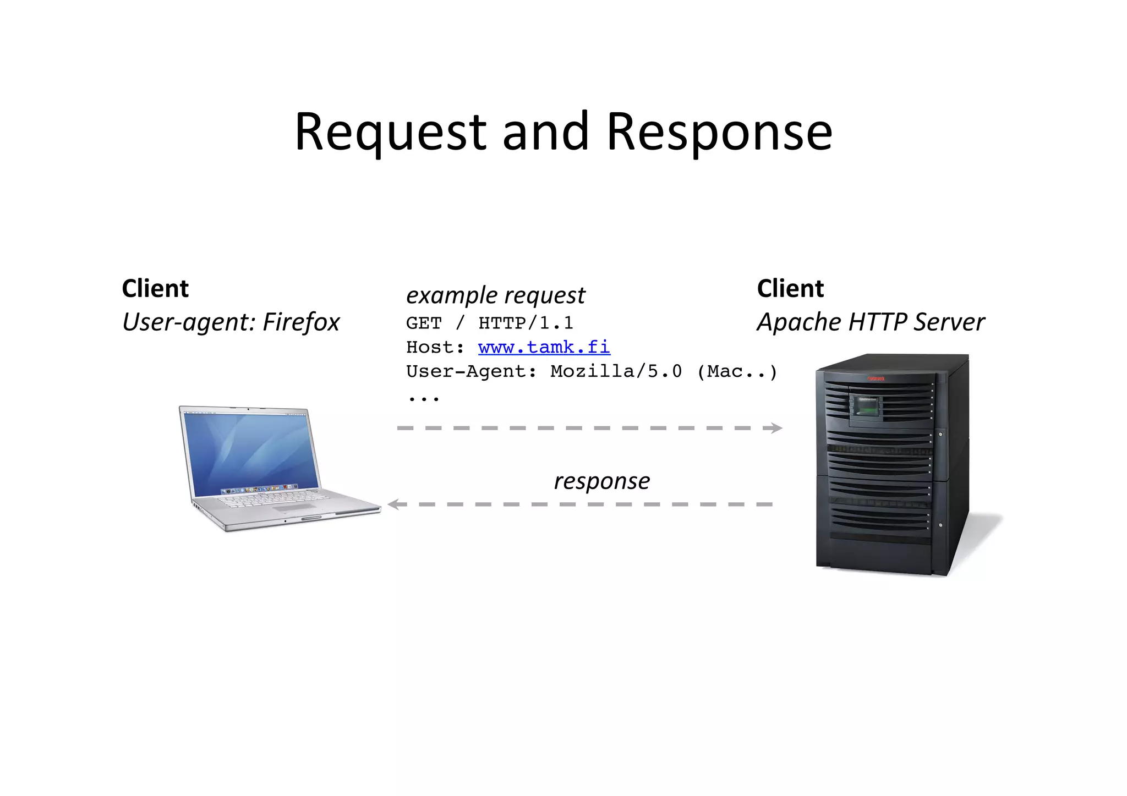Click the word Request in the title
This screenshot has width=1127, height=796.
[x=390, y=132]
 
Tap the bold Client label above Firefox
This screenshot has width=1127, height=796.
[x=155, y=288]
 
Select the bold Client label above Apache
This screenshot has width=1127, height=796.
[x=790, y=288]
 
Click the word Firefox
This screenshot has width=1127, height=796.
[x=301, y=322]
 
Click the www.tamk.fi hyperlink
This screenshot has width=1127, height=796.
[x=544, y=347]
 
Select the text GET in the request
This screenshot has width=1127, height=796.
[x=424, y=323]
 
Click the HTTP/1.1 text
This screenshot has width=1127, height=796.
[x=526, y=323]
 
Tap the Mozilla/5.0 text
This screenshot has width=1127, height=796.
[x=616, y=371]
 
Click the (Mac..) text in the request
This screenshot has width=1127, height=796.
[x=736, y=371]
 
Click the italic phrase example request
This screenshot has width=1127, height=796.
[x=495, y=295]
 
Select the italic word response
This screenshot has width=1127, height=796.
[x=601, y=481]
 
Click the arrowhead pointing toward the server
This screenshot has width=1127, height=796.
[x=776, y=428]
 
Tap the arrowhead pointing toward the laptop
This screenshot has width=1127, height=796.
[x=393, y=504]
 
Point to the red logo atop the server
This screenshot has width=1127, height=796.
[x=876, y=378]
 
